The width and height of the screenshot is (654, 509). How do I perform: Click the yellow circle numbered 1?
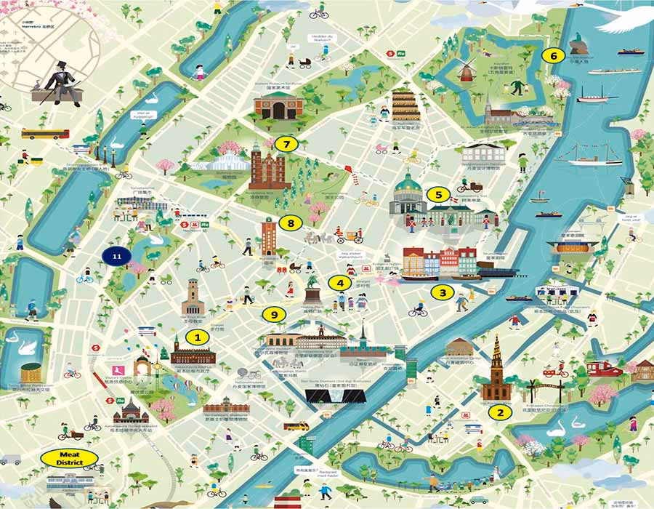[x=196, y=337]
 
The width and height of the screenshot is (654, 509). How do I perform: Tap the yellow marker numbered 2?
[x=498, y=412]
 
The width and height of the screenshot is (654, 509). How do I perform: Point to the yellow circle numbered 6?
[x=554, y=55]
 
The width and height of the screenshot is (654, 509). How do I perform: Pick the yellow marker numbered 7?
[x=287, y=144]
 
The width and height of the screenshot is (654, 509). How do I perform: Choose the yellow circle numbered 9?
[x=273, y=314]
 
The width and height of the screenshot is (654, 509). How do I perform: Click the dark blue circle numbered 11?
[x=116, y=255]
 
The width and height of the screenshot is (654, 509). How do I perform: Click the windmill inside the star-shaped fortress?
[x=466, y=70]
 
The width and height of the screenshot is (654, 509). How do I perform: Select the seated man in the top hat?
[x=60, y=82]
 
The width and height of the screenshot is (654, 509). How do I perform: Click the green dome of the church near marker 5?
[x=408, y=184]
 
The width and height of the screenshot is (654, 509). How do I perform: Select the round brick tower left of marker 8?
[x=270, y=237]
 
